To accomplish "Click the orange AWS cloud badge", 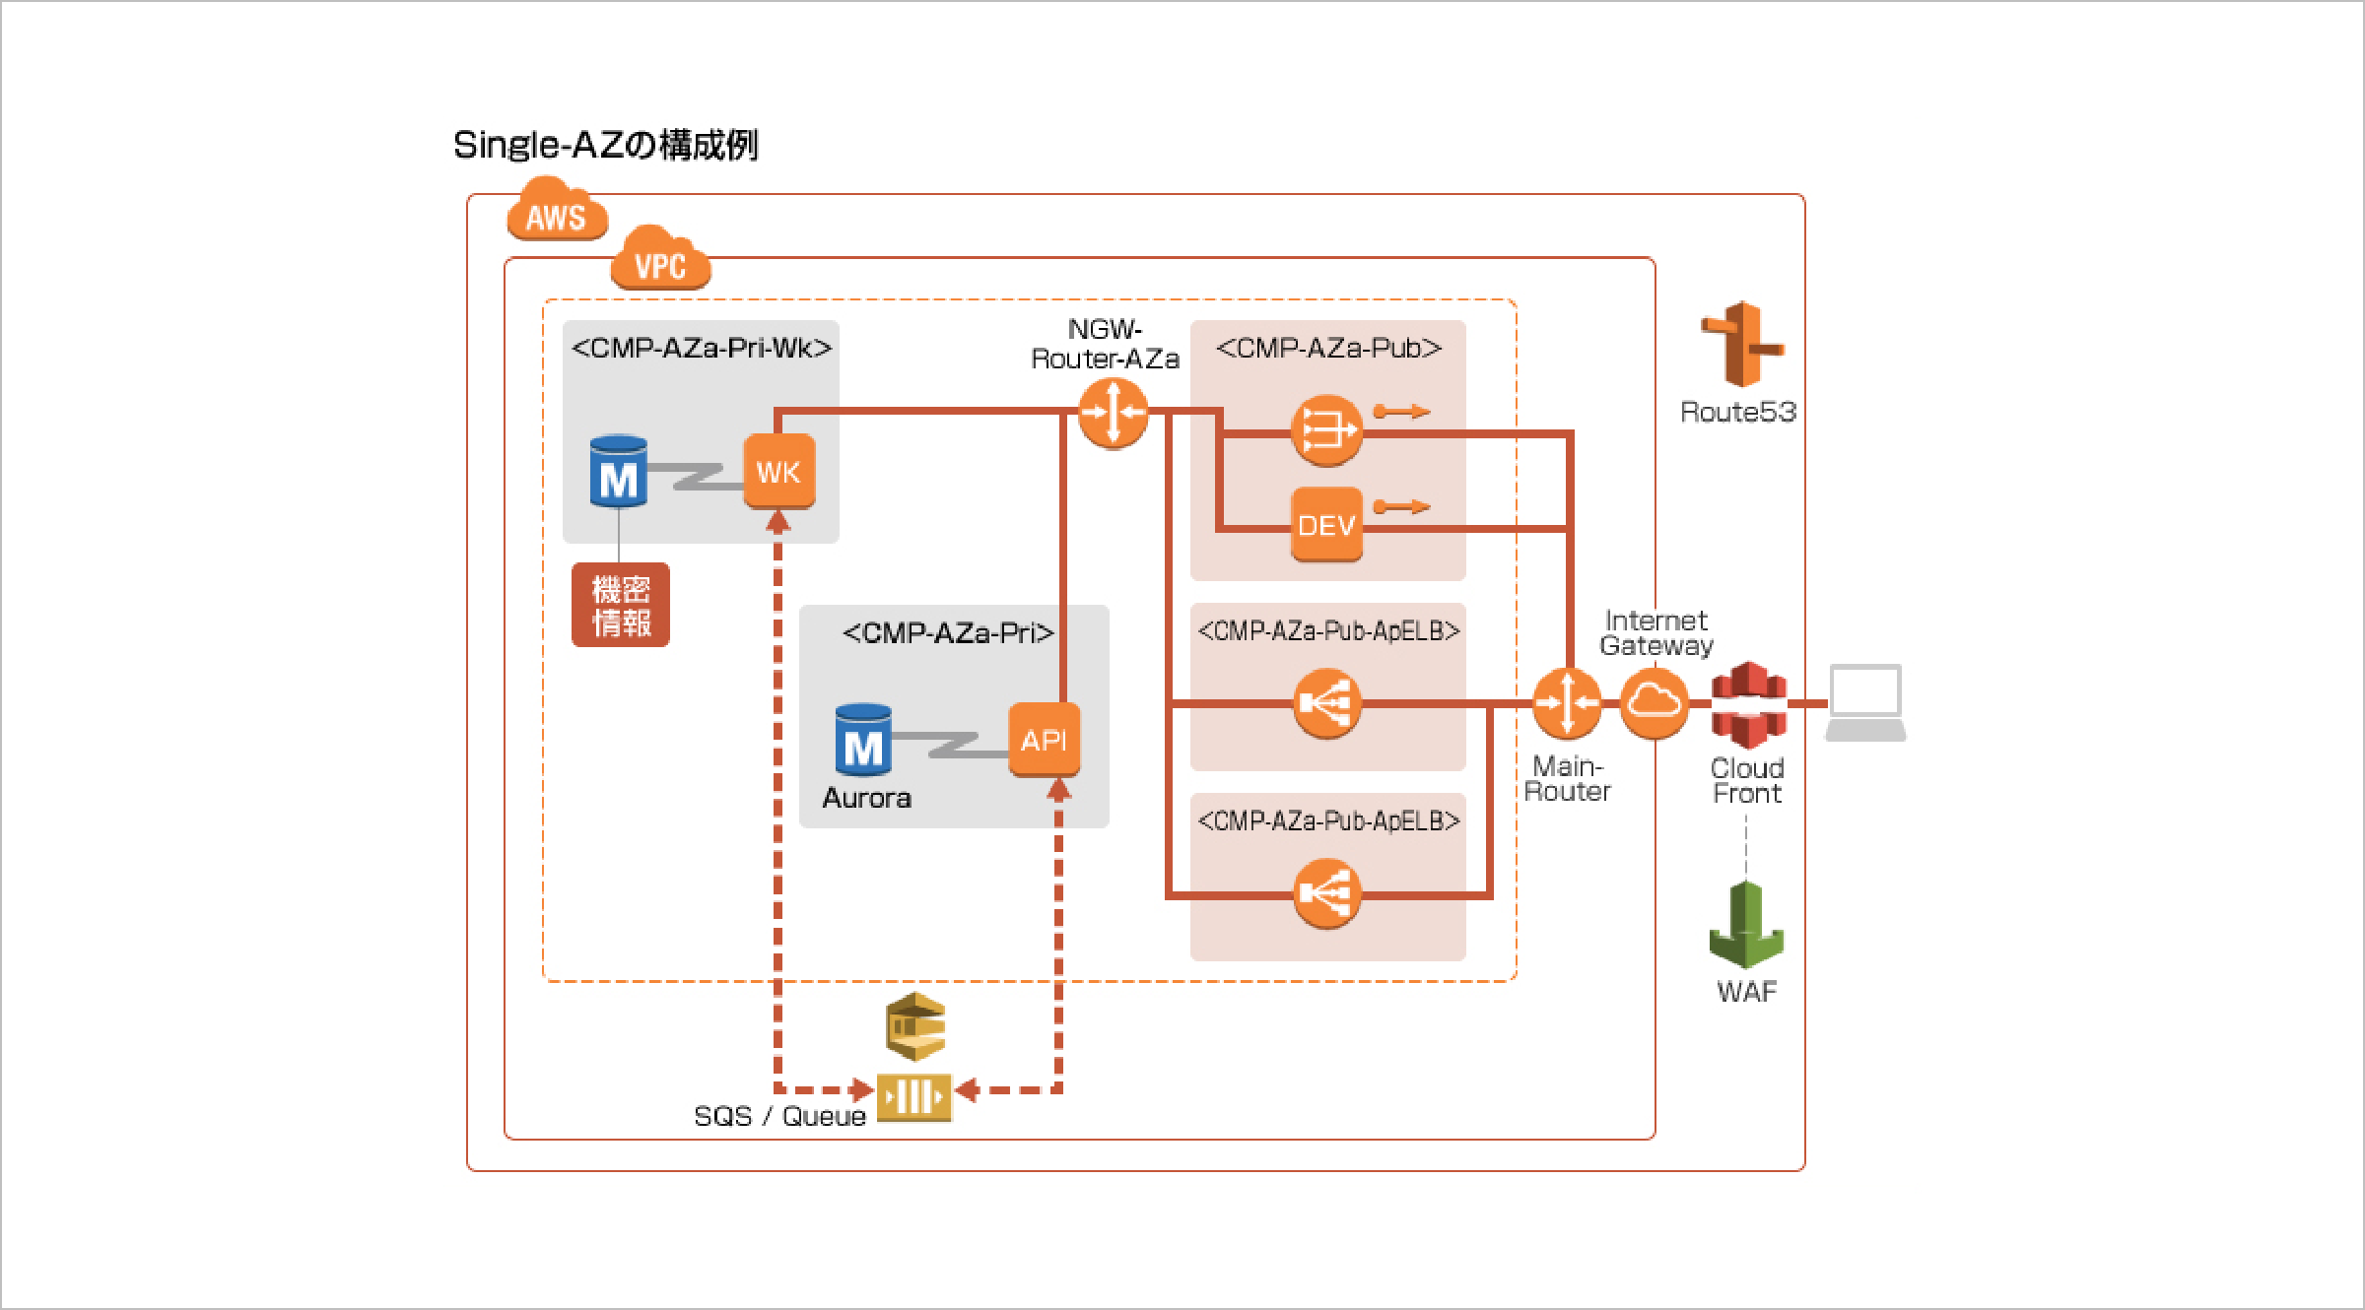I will pos(557,211).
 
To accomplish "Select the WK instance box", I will pos(778,472).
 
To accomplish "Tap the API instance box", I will pos(1044,740).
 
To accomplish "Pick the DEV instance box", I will pos(1326,525).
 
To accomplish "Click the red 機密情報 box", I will pos(621,605).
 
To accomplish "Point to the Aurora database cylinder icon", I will pos(863,741).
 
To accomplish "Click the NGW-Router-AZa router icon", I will pos(1113,413).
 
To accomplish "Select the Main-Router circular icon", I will pos(1567,703).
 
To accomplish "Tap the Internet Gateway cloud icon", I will pos(1654,703).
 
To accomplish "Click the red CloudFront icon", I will pos(1748,705).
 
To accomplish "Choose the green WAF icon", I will pos(1746,926).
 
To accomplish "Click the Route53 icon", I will pos(1741,345).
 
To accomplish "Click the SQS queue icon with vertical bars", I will pos(913,1096).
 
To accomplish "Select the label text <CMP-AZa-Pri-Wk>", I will pos(702,349).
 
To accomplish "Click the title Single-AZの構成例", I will pos(606,145).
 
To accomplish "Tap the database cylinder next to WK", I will pos(618,473).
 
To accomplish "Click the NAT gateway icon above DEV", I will pos(1326,430).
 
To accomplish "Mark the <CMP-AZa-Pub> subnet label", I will pos(1328,349).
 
